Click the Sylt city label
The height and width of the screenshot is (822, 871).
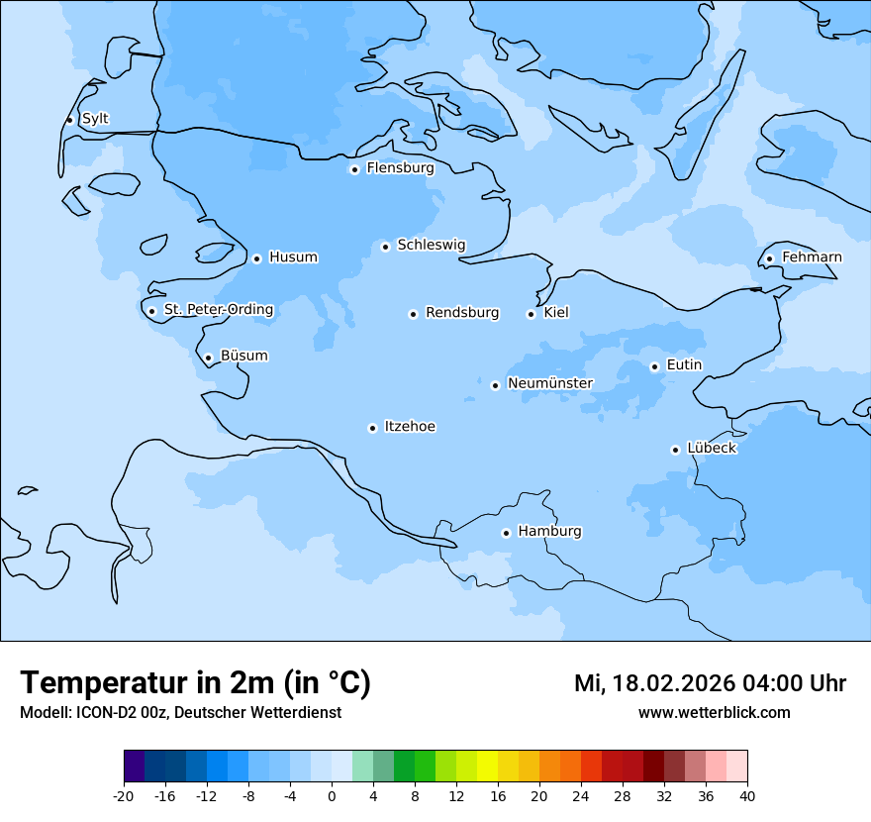click(95, 119)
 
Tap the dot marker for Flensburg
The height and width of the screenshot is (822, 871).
click(354, 169)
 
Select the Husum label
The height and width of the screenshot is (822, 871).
click(293, 257)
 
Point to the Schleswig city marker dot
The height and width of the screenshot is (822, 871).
click(385, 247)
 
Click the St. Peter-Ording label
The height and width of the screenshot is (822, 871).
click(219, 310)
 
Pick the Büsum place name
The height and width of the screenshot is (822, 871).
click(243, 356)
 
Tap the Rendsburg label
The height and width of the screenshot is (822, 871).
click(462, 313)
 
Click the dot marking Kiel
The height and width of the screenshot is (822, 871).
click(531, 314)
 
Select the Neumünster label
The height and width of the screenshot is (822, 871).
click(550, 383)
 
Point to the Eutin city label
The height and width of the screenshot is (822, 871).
click(684, 365)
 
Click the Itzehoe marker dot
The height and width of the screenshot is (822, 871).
click(372, 428)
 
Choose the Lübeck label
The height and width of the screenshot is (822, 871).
click(712, 449)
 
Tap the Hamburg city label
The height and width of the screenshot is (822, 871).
click(549, 532)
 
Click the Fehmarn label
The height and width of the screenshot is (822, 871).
click(812, 257)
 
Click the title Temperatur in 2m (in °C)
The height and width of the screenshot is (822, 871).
click(195, 682)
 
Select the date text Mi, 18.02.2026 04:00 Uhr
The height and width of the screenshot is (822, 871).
click(710, 683)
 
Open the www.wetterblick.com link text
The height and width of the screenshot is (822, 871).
click(714, 713)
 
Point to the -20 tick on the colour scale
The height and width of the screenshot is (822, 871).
click(124, 795)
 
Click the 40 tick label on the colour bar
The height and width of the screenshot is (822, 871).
click(747, 795)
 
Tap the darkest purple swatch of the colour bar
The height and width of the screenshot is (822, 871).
click(134, 767)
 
